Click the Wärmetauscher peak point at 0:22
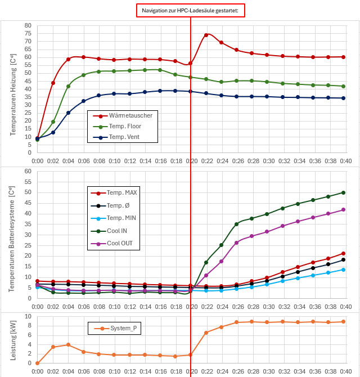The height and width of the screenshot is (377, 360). pos(206,35)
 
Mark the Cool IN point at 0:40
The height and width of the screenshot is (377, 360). pos(343,192)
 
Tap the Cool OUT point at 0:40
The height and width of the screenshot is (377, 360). pos(343,209)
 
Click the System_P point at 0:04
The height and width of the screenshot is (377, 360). pos(68,344)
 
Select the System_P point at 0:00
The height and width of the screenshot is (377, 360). pos(37,363)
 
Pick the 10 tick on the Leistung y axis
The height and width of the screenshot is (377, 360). pos(28,316)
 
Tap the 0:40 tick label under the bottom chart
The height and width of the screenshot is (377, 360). pos(345,371)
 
